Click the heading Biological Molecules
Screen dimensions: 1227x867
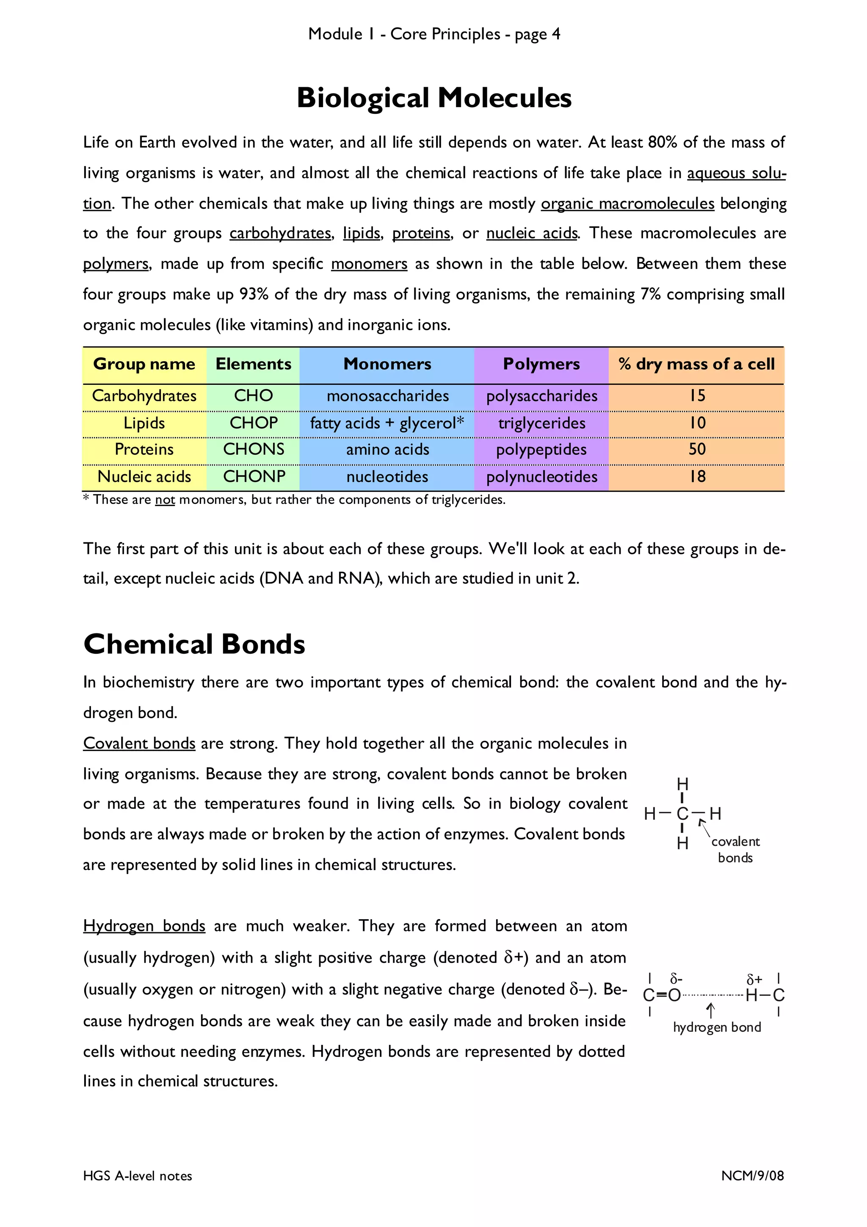pyautogui.click(x=434, y=98)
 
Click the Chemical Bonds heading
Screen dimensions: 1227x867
pyautogui.click(x=194, y=644)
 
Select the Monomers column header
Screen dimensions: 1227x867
pyautogui.click(x=387, y=364)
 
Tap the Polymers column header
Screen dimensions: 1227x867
pyautogui.click(x=541, y=364)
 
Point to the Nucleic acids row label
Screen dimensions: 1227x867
pyautogui.click(x=144, y=477)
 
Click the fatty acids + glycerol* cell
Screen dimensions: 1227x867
pyautogui.click(x=387, y=423)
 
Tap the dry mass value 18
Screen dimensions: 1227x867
pyautogui.click(x=696, y=477)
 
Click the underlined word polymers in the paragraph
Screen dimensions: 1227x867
pyautogui.click(x=116, y=264)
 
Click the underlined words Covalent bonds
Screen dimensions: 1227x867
pyautogui.click(x=139, y=743)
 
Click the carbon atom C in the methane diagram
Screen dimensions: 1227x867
pyautogui.click(x=682, y=814)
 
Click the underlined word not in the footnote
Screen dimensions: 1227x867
pyautogui.click(x=165, y=500)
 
